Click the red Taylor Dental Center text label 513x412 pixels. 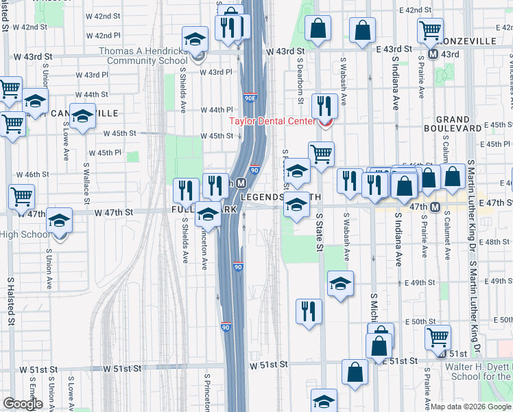271,121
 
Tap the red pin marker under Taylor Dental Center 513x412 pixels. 324,124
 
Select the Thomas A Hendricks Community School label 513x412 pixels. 142,56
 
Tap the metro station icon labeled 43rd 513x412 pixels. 433,54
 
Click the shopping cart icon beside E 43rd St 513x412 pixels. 430,29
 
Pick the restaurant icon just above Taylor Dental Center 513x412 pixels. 324,106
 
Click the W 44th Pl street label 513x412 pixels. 218,110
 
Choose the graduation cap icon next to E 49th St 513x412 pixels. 340,284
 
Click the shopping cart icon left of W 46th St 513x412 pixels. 21,196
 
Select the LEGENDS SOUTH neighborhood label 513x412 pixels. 281,197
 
